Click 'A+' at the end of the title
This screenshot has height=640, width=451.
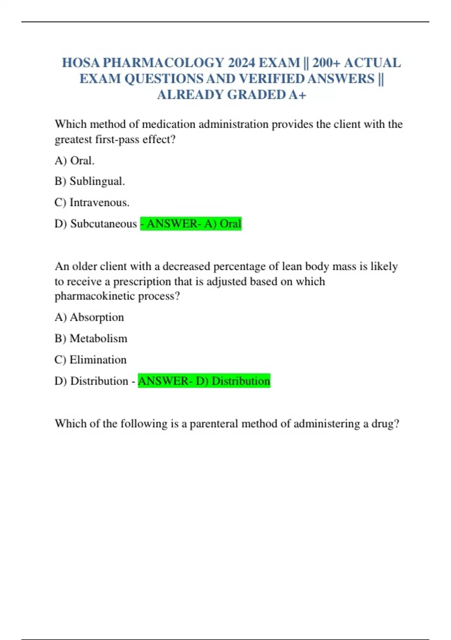pyautogui.click(x=298, y=94)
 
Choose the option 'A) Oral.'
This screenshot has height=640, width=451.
pyautogui.click(x=74, y=161)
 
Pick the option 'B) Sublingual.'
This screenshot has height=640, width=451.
pyautogui.click(x=89, y=181)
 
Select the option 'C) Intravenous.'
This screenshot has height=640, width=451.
pyautogui.click(x=92, y=203)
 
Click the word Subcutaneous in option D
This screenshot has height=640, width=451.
pyautogui.click(x=103, y=224)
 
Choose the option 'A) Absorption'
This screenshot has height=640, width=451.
pyautogui.click(x=89, y=317)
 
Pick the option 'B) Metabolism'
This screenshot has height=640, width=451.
pyautogui.click(x=91, y=338)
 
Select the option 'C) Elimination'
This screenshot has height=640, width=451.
pyautogui.click(x=90, y=360)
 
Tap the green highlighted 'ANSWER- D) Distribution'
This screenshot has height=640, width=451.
pyautogui.click(x=204, y=381)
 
